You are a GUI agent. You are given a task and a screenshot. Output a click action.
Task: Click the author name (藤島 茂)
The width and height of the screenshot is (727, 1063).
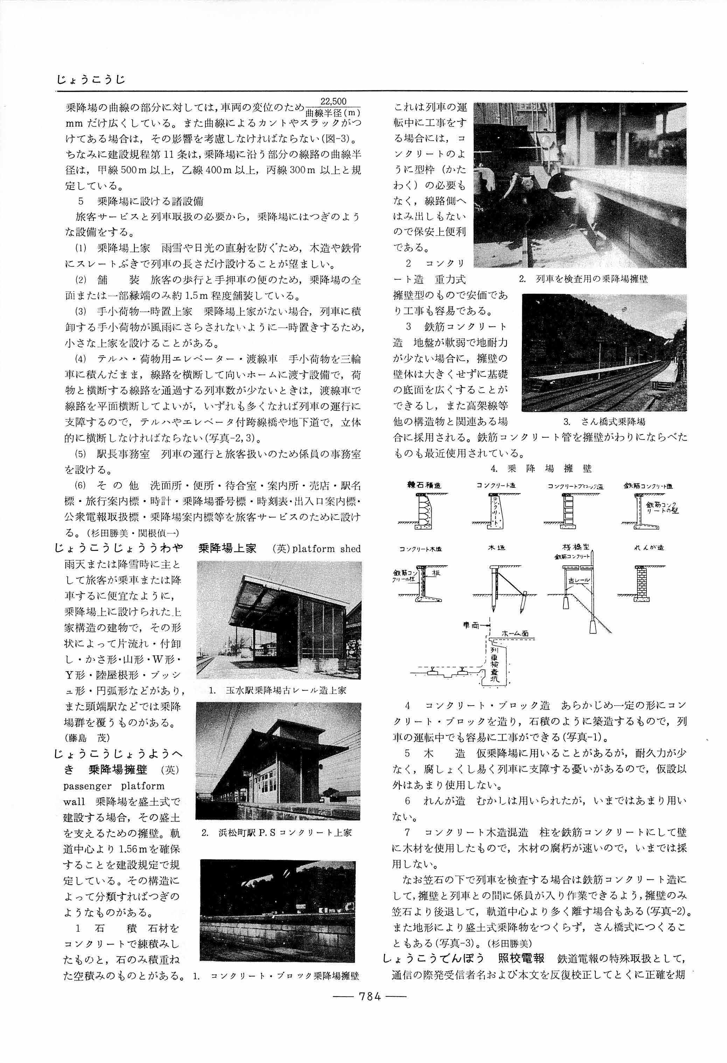coord(88,737)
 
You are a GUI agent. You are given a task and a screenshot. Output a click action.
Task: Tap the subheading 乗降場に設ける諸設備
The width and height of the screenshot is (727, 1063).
coord(150,201)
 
